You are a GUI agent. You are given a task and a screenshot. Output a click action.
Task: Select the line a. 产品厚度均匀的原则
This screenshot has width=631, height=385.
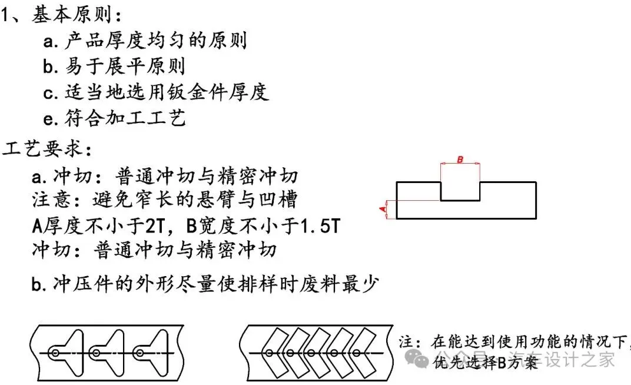tap(145, 41)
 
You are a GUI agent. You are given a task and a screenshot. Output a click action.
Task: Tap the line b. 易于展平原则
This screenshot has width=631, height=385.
tap(114, 66)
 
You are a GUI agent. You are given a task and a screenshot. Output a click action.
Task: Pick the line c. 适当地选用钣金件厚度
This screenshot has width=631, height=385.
tap(156, 92)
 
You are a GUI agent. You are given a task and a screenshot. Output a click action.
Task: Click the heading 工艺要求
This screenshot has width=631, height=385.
tap(47, 149)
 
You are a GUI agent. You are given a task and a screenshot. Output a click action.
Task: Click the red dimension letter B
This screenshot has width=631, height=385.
tap(460, 160)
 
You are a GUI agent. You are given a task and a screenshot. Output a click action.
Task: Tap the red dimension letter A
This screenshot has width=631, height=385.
tap(382, 209)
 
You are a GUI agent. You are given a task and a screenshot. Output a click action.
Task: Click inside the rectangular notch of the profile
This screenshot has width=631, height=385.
tap(460, 190)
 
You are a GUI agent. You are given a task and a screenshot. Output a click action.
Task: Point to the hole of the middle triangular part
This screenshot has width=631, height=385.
tap(96, 353)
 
